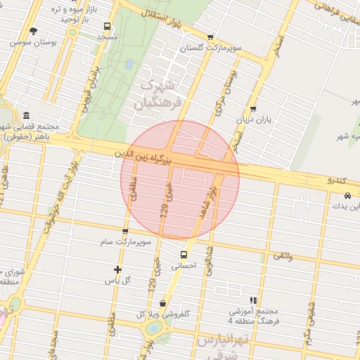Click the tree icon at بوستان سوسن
[33, 31]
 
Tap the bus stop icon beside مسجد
[105, 27]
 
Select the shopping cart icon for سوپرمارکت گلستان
[210, 38]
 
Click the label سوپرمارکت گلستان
[211, 49]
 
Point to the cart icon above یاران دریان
[253, 109]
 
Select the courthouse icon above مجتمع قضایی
[27, 115]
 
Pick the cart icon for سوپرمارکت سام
[125, 231]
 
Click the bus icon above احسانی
[184, 255]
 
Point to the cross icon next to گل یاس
[117, 269]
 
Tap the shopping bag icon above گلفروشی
[163, 304]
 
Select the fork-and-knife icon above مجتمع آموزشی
[253, 300]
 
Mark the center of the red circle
[180, 180]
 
